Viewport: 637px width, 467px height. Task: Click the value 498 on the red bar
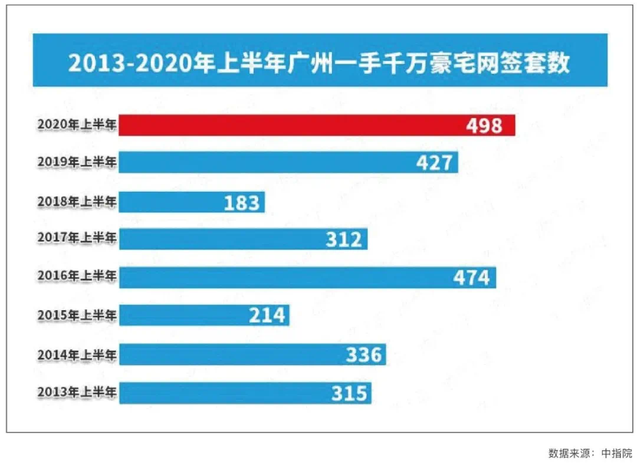click(484, 126)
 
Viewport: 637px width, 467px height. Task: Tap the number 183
click(242, 203)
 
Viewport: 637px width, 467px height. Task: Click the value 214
click(267, 315)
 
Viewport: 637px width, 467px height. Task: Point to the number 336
click(364, 355)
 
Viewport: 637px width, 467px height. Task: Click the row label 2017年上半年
click(77, 238)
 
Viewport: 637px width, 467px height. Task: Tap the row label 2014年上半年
click(77, 354)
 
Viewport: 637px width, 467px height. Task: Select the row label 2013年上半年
click(77, 392)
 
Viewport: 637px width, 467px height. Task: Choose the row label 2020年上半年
click(77, 124)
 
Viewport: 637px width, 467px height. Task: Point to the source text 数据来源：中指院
click(590, 453)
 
